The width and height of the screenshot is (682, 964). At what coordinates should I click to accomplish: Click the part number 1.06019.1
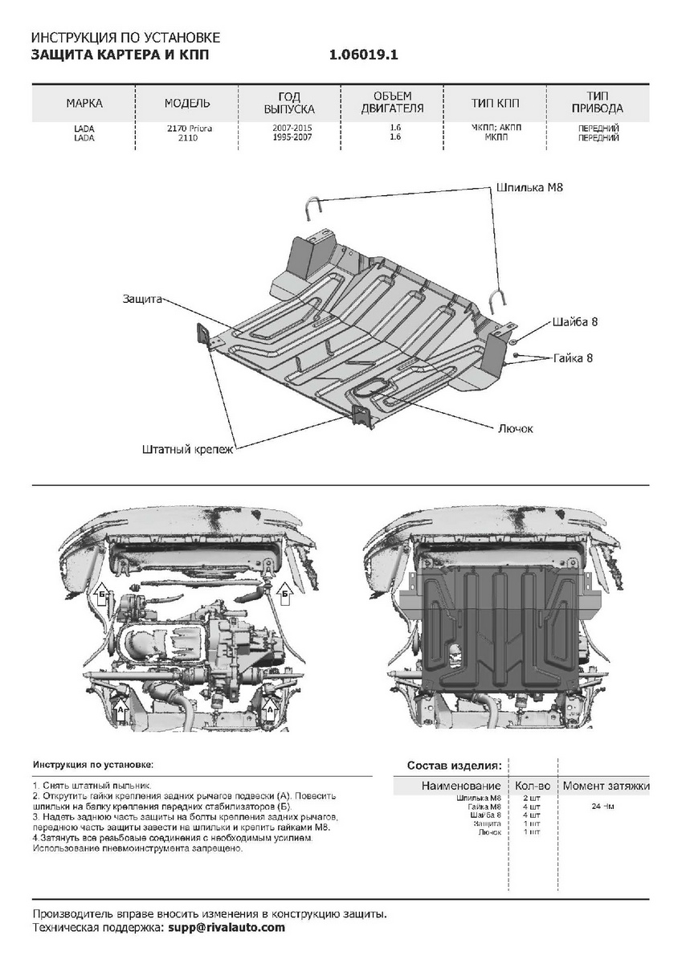(363, 55)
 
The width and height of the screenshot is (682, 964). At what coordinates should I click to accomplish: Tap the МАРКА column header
(84, 104)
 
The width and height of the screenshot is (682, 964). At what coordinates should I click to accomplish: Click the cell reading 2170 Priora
(189, 128)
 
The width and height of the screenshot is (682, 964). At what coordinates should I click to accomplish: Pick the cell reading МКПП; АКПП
(495, 128)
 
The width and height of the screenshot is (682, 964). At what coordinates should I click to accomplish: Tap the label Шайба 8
(575, 321)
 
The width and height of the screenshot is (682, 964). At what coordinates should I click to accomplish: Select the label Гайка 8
(573, 357)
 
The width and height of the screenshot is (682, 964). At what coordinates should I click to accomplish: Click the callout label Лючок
(516, 428)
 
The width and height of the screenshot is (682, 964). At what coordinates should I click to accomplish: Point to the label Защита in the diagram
(142, 299)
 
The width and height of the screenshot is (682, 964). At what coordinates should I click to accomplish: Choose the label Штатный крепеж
(187, 449)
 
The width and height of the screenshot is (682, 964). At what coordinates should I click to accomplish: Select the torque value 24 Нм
(602, 806)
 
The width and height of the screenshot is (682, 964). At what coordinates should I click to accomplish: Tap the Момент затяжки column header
(606, 786)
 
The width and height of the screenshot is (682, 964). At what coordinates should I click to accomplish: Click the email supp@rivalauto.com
(226, 927)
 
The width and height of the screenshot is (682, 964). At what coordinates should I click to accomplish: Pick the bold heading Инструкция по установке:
(92, 764)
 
